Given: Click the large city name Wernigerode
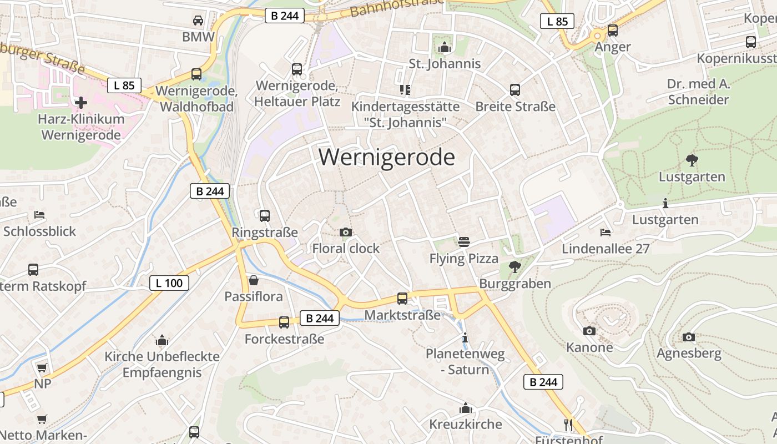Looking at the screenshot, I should click(386, 158).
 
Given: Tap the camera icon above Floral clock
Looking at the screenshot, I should click(346, 232).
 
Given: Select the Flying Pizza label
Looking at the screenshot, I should click(464, 259).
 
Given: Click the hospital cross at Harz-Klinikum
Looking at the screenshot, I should click(81, 102).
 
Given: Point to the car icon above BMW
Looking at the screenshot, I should click(198, 21).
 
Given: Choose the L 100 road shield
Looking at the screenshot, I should click(169, 283).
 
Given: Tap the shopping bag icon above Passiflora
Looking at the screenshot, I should click(254, 280).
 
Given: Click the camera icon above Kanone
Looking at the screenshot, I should click(589, 331).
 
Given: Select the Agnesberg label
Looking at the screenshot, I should click(689, 353).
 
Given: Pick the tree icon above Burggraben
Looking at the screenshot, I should click(515, 267).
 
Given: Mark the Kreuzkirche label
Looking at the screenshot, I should click(466, 425).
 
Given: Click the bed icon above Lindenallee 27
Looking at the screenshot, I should click(606, 232).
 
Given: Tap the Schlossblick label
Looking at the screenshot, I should click(39, 231).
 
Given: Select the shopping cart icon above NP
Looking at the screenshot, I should click(42, 367).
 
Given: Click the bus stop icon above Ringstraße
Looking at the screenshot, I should click(265, 215).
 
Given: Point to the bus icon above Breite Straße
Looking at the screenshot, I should click(515, 89).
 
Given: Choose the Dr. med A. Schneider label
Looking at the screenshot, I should click(698, 92).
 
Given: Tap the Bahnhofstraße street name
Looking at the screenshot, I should click(397, 7).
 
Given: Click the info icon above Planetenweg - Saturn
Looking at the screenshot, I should click(465, 337).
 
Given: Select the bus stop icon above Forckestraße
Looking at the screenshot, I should click(284, 322).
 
